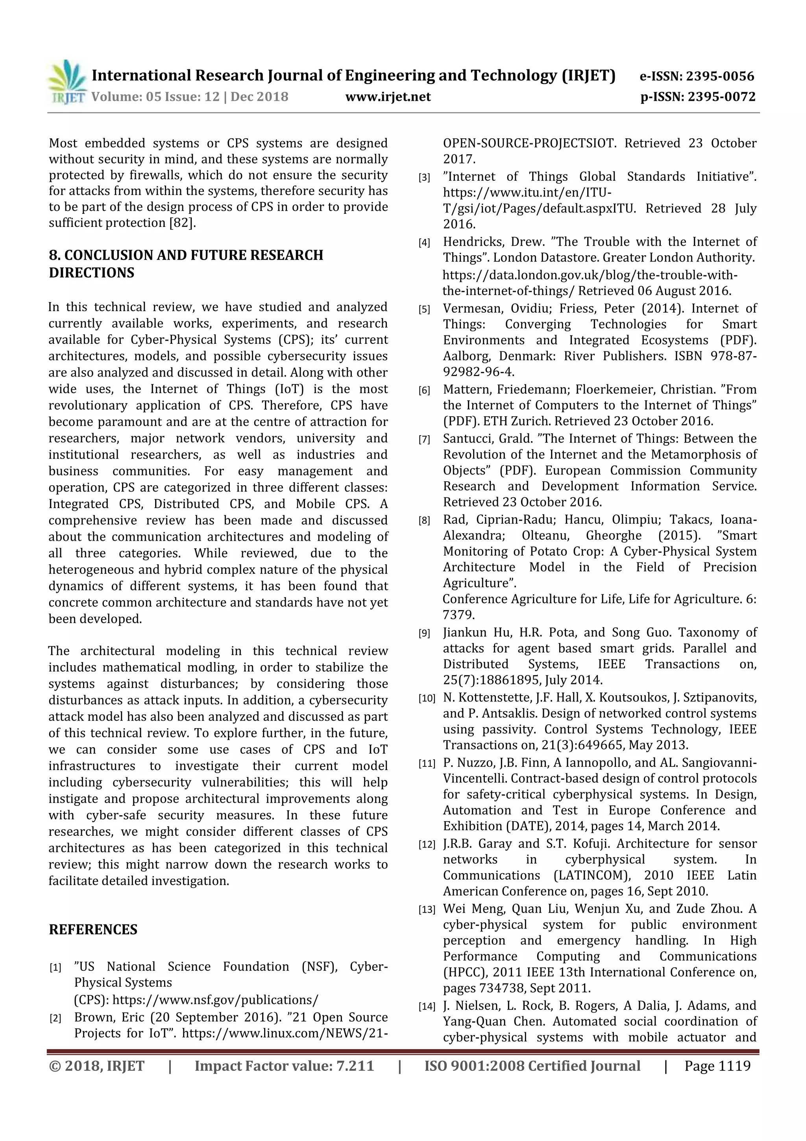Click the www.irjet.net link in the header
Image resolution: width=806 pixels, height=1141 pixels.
[388, 97]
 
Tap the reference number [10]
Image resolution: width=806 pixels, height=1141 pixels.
[427, 699]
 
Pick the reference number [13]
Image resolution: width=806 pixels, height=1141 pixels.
[427, 910]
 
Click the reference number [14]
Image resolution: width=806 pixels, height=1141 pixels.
[427, 1007]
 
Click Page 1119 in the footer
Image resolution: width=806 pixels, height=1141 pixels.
[717, 1066]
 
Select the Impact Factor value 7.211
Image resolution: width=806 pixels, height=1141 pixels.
[355, 1066]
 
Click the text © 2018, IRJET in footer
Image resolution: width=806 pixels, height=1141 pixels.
[96, 1066]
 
